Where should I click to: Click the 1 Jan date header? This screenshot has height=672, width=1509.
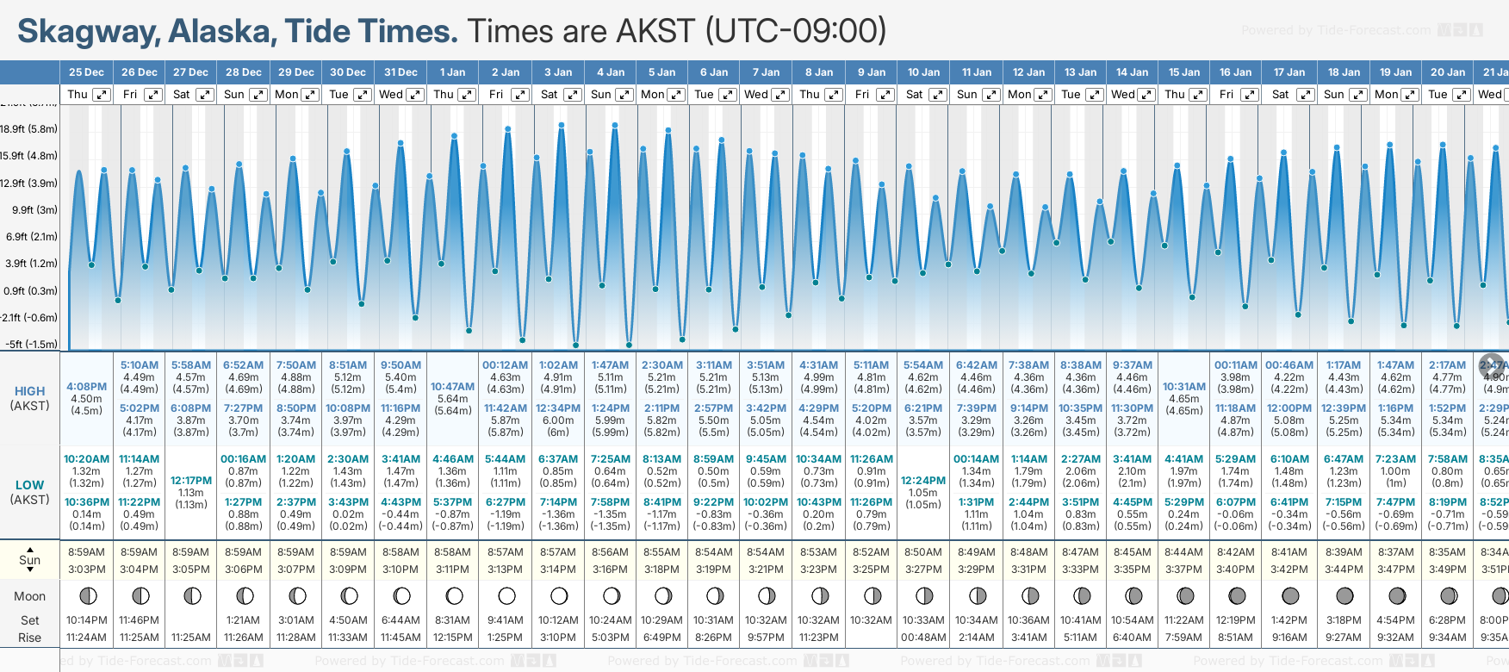pyautogui.click(x=452, y=72)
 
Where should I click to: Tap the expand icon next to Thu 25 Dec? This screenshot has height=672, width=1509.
pyautogui.click(x=102, y=95)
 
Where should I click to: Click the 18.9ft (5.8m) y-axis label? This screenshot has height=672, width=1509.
pyautogui.click(x=29, y=129)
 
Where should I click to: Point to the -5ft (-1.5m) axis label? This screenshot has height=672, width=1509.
pyautogui.click(x=32, y=344)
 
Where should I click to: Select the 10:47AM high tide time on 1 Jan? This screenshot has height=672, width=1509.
pyautogui.click(x=452, y=387)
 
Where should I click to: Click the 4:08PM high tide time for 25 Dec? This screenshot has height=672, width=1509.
pyautogui.click(x=86, y=387)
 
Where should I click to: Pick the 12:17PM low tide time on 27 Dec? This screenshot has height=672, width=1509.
pyautogui.click(x=190, y=481)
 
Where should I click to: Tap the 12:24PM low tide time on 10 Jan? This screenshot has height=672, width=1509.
pyautogui.click(x=923, y=481)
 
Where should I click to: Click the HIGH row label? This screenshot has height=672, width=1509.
pyautogui.click(x=29, y=391)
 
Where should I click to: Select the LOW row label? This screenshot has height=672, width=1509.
pyautogui.click(x=29, y=485)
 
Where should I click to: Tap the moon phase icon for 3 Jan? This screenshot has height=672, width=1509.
pyautogui.click(x=559, y=596)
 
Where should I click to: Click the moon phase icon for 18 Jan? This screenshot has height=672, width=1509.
pyautogui.click(x=1344, y=596)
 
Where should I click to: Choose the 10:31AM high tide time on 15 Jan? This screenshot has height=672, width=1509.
pyautogui.click(x=1184, y=387)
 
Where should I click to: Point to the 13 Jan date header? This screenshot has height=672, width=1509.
pyautogui.click(x=1080, y=72)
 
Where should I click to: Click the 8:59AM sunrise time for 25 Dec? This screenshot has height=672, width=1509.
pyautogui.click(x=86, y=552)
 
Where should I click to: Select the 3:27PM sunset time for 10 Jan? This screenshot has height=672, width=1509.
pyautogui.click(x=923, y=569)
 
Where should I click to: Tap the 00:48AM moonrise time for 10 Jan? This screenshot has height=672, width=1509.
pyautogui.click(x=923, y=638)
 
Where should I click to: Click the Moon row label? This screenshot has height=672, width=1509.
pyautogui.click(x=29, y=596)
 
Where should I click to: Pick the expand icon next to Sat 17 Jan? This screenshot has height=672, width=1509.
pyautogui.click(x=1305, y=95)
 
